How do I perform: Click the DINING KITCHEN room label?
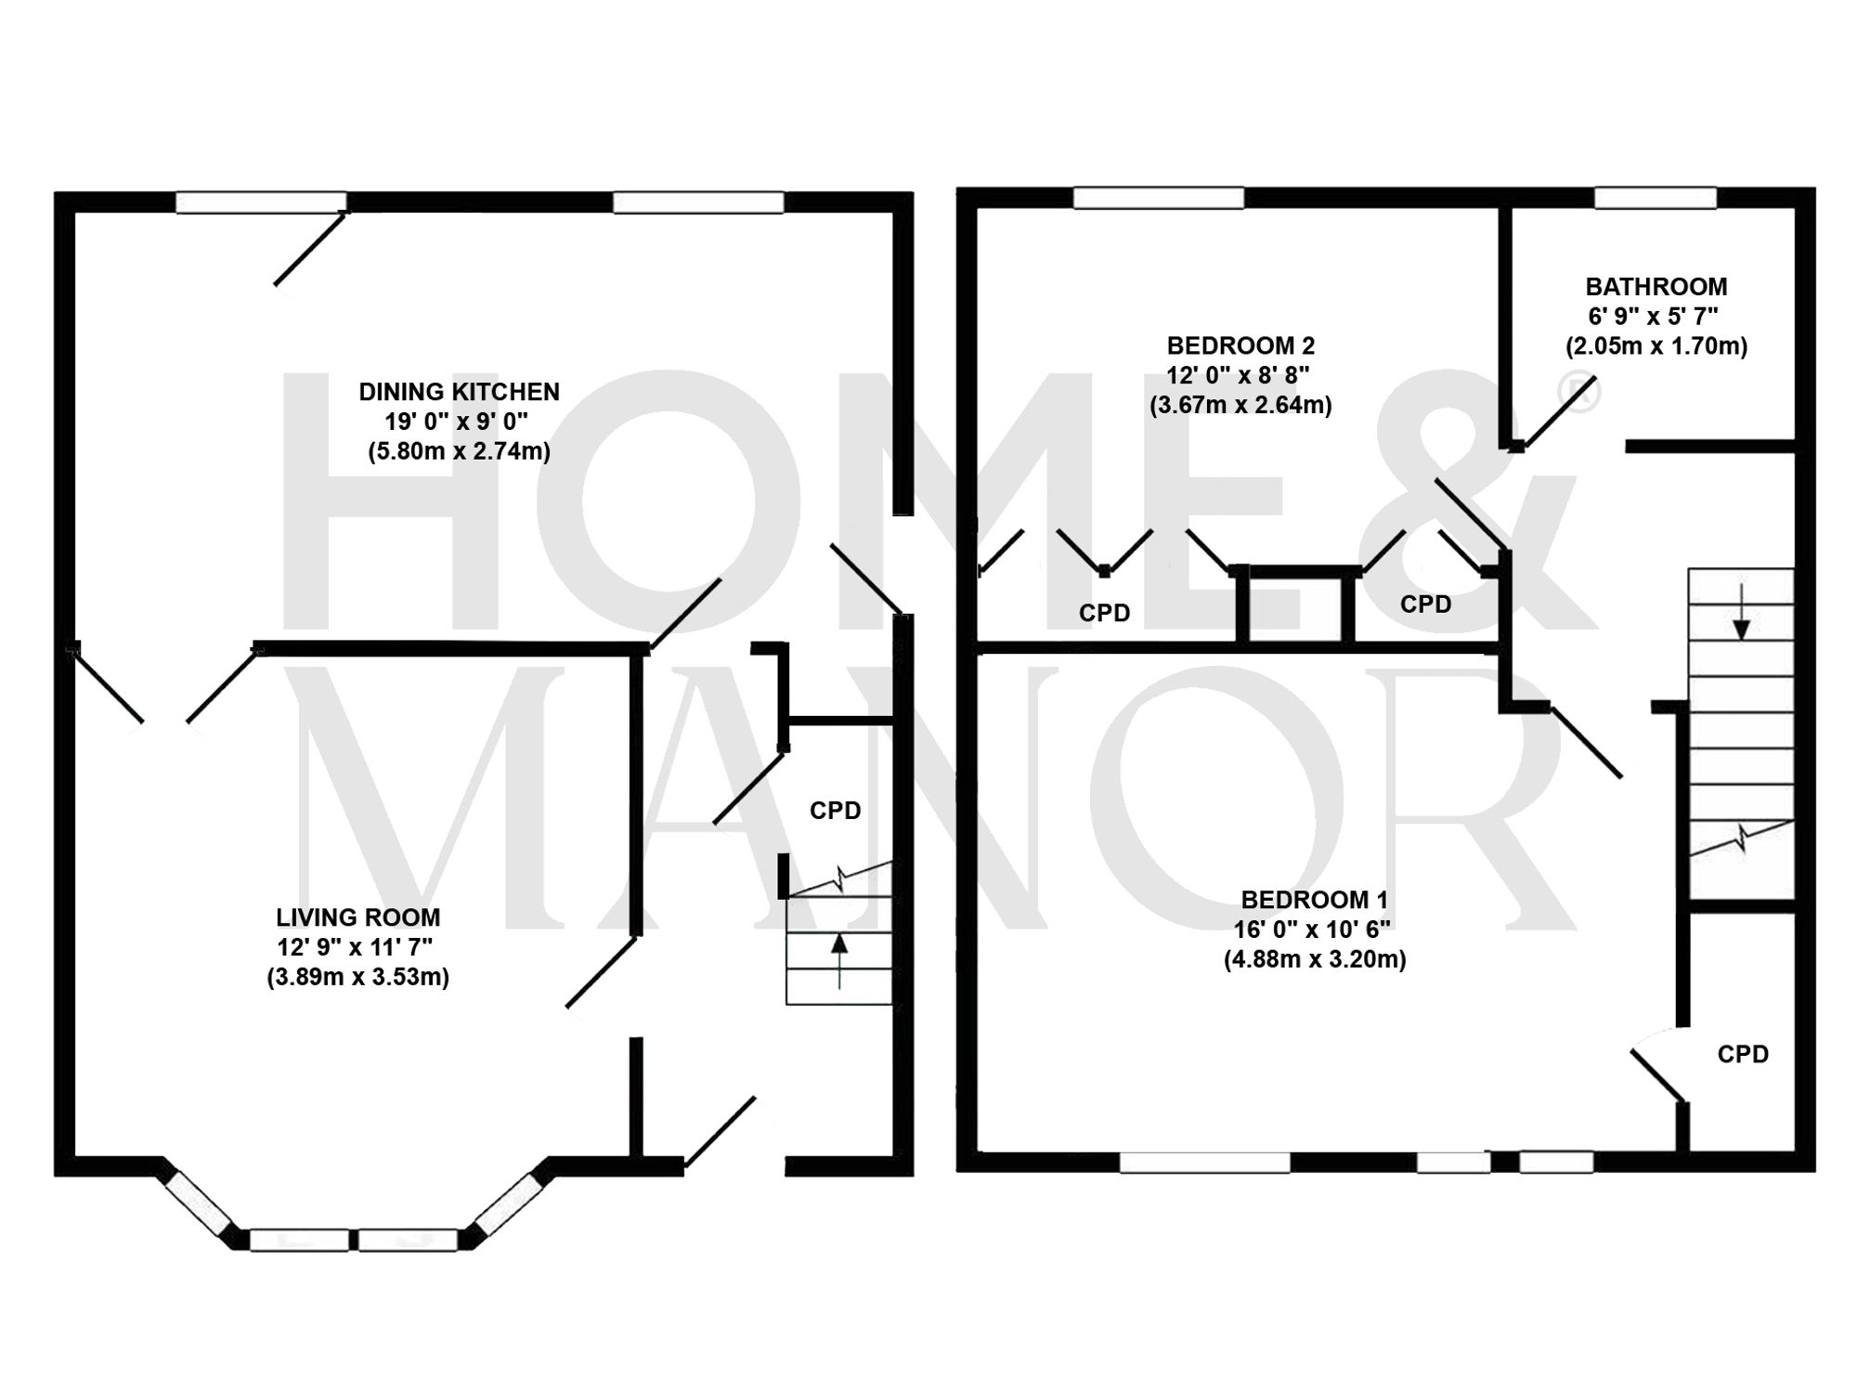point(459,392)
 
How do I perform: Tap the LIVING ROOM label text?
point(357,917)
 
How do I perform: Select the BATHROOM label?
point(1656,287)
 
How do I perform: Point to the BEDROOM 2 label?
point(1240,346)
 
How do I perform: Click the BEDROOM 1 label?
point(1314,900)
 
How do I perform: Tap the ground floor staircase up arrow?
point(839,960)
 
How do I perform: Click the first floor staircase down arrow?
point(1741,612)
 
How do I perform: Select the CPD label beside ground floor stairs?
point(835,811)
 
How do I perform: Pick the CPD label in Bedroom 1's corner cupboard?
point(1743,1054)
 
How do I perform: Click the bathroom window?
point(1656,198)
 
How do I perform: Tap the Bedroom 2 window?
point(1158,198)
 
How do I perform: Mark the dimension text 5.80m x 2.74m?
point(459,452)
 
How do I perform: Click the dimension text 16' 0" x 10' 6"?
point(1311,930)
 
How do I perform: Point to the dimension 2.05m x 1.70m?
point(1656,346)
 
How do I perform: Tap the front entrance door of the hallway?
point(720,1132)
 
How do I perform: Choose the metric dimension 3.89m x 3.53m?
point(357,977)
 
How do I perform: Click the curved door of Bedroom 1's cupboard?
point(1658,1073)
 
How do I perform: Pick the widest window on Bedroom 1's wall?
point(1204,1163)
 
